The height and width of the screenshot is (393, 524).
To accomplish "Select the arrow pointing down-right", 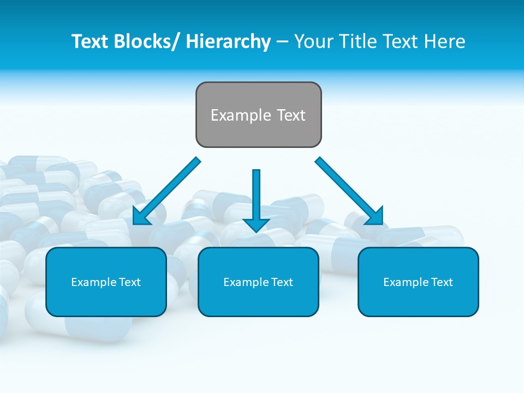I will (x=347, y=188).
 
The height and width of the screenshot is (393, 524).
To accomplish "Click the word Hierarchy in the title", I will (x=228, y=41).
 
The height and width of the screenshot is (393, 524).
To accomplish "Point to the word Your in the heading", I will (x=313, y=41).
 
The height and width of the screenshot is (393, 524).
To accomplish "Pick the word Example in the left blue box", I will (x=92, y=282).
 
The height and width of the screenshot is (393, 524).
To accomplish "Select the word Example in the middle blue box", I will (x=244, y=282).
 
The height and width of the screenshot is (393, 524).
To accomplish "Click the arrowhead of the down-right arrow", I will (x=374, y=215).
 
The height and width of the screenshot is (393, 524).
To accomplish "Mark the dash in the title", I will (x=282, y=41).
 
